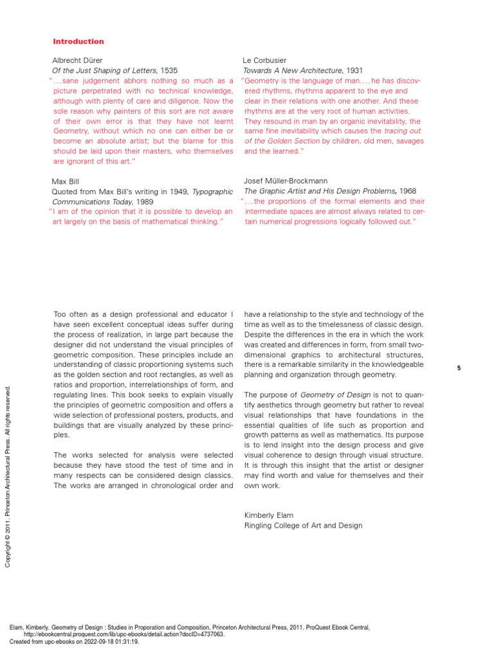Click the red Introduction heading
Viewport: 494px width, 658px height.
[x=78, y=42]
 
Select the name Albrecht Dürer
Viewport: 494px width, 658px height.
[x=77, y=60]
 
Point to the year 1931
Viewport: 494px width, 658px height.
[x=356, y=71]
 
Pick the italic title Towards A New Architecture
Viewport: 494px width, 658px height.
[x=293, y=71]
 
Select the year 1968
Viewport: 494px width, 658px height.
[x=407, y=191]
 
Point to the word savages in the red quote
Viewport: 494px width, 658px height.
[x=406, y=141]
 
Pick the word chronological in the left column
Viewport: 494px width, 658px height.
[x=169, y=486]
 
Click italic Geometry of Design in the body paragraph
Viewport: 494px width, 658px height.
[x=330, y=395]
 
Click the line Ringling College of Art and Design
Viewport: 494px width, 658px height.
[x=303, y=526]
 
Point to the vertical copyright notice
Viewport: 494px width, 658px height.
[x=8, y=476]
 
